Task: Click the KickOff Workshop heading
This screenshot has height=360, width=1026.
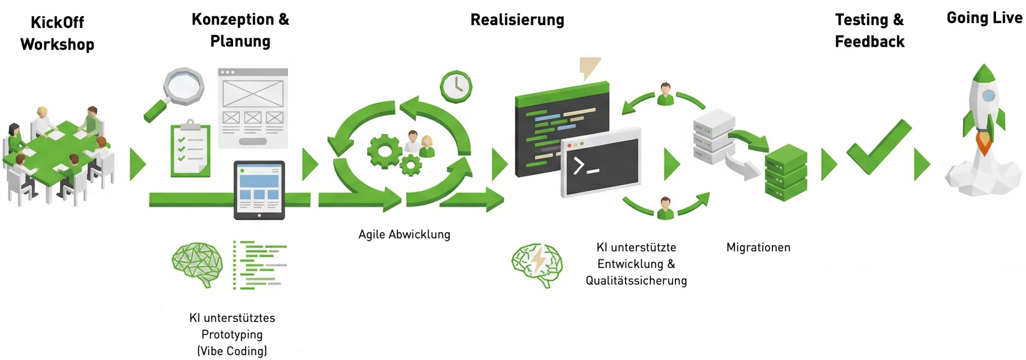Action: [57, 33]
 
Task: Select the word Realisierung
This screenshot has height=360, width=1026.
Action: [517, 20]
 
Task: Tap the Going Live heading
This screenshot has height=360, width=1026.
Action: [984, 18]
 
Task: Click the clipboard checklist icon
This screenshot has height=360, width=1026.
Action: [190, 149]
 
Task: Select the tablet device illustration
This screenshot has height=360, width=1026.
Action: [259, 190]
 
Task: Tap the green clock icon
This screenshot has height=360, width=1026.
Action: [456, 86]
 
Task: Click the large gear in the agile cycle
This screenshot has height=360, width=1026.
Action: [385, 151]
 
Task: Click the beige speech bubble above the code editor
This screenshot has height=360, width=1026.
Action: [589, 67]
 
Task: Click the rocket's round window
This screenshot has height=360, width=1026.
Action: [989, 95]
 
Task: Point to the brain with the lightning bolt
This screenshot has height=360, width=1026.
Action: [537, 264]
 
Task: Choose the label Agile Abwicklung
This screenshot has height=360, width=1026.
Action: [404, 234]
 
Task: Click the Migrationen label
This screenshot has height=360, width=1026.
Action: [758, 247]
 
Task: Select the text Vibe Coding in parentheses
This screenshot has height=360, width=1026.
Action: [232, 351]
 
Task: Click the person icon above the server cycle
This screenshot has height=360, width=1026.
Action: [666, 94]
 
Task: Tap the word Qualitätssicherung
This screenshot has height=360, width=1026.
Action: [636, 281]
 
